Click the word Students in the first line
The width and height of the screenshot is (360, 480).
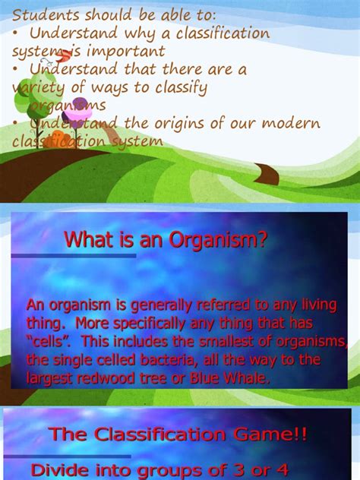pos(43,15)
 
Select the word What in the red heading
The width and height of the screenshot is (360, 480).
pos(84,240)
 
